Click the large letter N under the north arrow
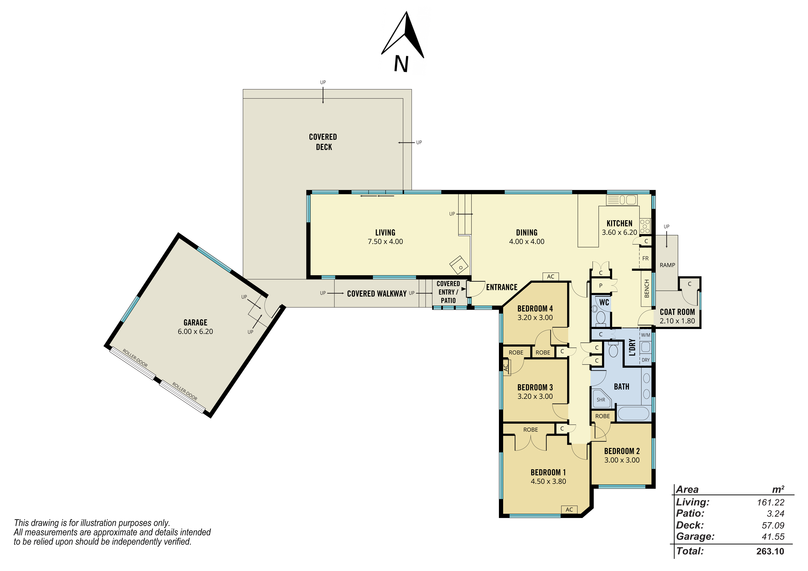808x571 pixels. [401, 64]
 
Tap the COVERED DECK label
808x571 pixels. [323, 142]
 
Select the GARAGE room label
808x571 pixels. [195, 322]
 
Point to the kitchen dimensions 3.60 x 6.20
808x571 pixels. [619, 232]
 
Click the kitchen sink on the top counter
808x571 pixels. [622, 200]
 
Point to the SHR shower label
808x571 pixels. [601, 400]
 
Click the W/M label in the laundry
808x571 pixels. [645, 335]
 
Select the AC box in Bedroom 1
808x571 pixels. [569, 509]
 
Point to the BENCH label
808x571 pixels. [646, 288]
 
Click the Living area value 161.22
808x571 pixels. [771, 502]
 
